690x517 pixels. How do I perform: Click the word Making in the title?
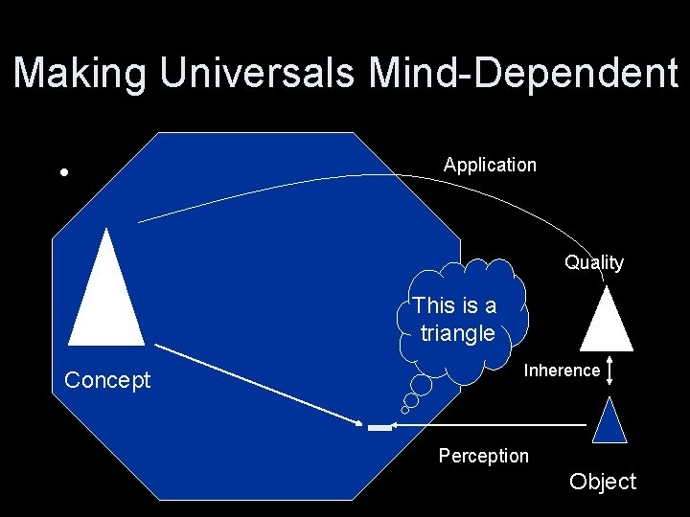[x=80, y=74]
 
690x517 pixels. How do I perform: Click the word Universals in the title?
[x=259, y=74]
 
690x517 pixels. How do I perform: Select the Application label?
[x=490, y=165]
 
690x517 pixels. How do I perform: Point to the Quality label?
[x=593, y=262]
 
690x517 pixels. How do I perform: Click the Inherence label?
[x=562, y=371]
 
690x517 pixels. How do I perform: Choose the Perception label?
[x=483, y=456]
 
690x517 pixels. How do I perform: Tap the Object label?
[x=602, y=482]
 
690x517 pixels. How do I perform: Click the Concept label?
[x=107, y=380]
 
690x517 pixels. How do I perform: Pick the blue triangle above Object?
[x=609, y=424]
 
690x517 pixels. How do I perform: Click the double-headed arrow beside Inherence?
[x=609, y=371]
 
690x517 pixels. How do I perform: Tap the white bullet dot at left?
[x=63, y=173]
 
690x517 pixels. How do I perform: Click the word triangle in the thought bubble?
[x=457, y=333]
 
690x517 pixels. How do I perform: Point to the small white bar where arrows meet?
[x=379, y=427]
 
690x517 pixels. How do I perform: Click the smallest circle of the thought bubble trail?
[x=405, y=410]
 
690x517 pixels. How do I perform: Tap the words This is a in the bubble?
[x=455, y=305]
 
